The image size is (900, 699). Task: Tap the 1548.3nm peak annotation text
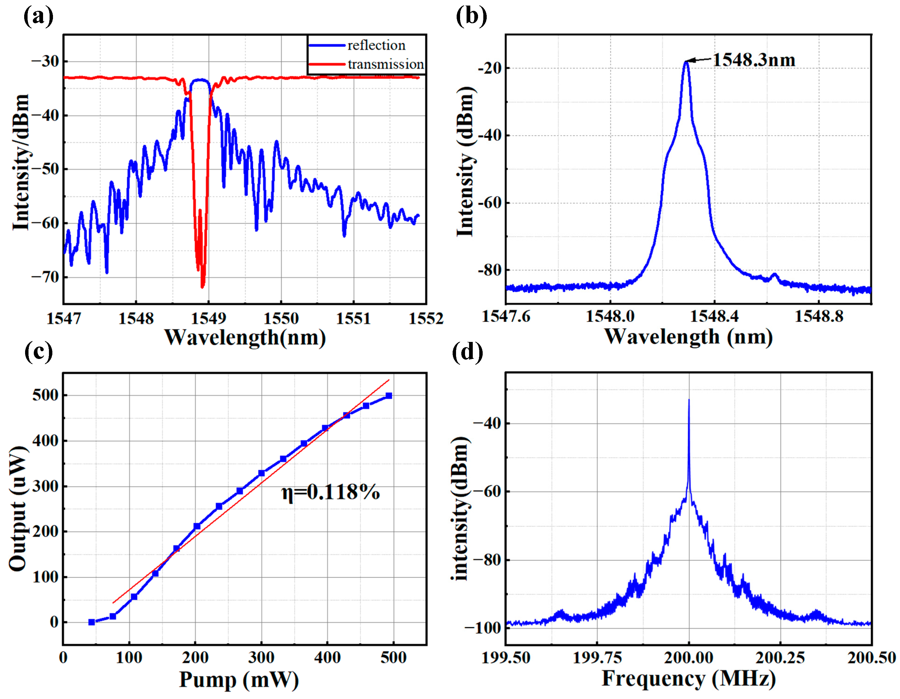(x=754, y=60)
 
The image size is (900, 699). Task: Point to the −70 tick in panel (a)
(x=45, y=277)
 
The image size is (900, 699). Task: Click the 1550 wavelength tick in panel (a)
(x=281, y=318)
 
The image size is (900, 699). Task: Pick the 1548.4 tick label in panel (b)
(x=714, y=316)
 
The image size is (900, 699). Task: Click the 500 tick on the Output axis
(x=45, y=395)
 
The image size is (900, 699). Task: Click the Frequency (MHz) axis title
(x=689, y=679)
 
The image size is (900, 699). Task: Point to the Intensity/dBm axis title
(x=21, y=163)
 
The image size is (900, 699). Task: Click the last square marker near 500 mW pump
(x=389, y=396)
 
